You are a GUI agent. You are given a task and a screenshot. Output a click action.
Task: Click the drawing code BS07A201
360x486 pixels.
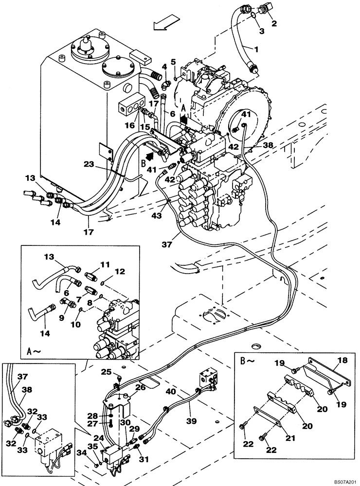pyautogui.click(x=342, y=482)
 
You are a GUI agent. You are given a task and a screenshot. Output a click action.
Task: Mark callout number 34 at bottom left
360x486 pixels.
pyautogui.click(x=81, y=452)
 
